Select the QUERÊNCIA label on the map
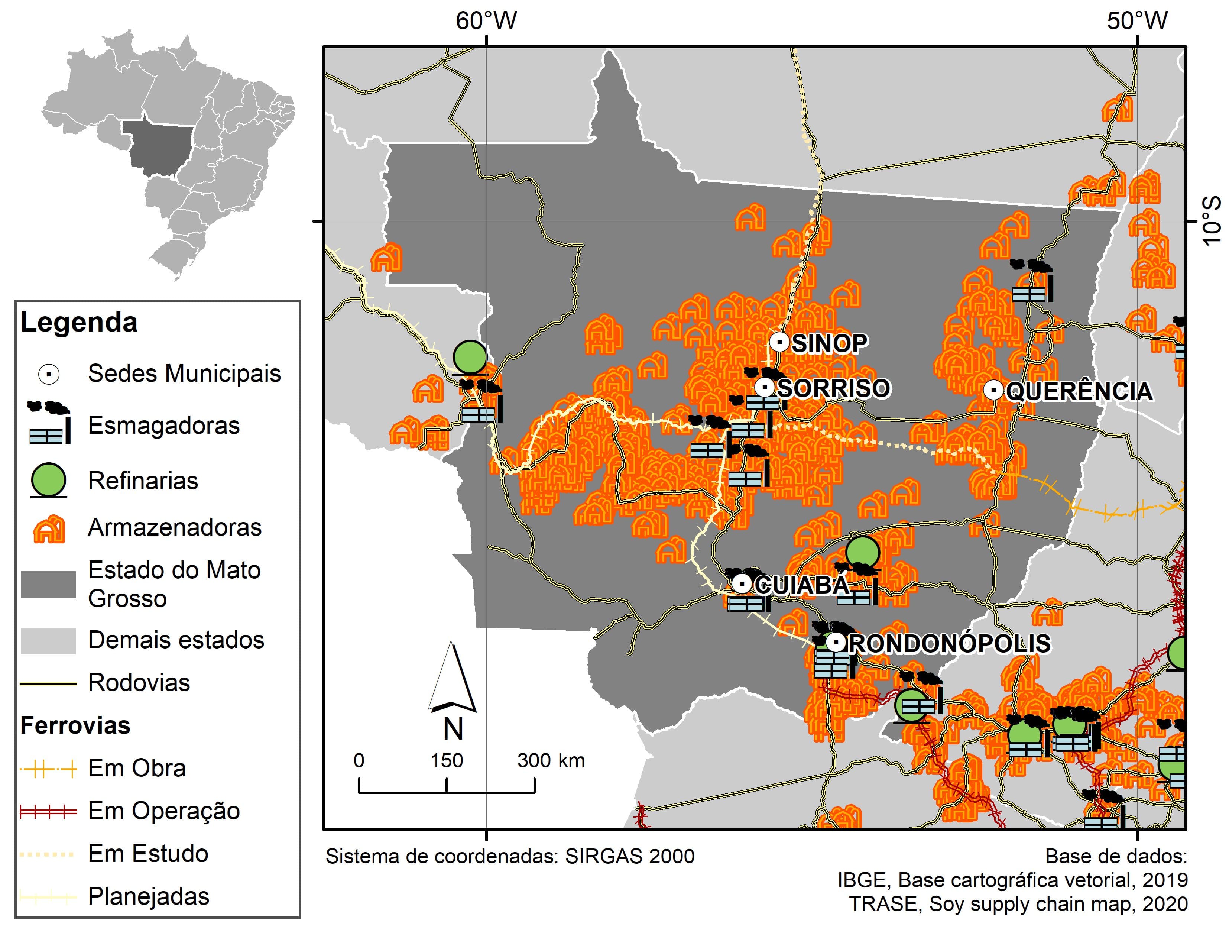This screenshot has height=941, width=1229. point(1079,391)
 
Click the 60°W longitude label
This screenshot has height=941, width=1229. point(486,21)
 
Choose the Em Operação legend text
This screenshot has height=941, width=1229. point(163,811)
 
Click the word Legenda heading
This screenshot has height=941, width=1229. point(79,323)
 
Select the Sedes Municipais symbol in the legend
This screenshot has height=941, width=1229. point(49,374)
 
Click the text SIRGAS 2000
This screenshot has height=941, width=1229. point(629,856)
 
